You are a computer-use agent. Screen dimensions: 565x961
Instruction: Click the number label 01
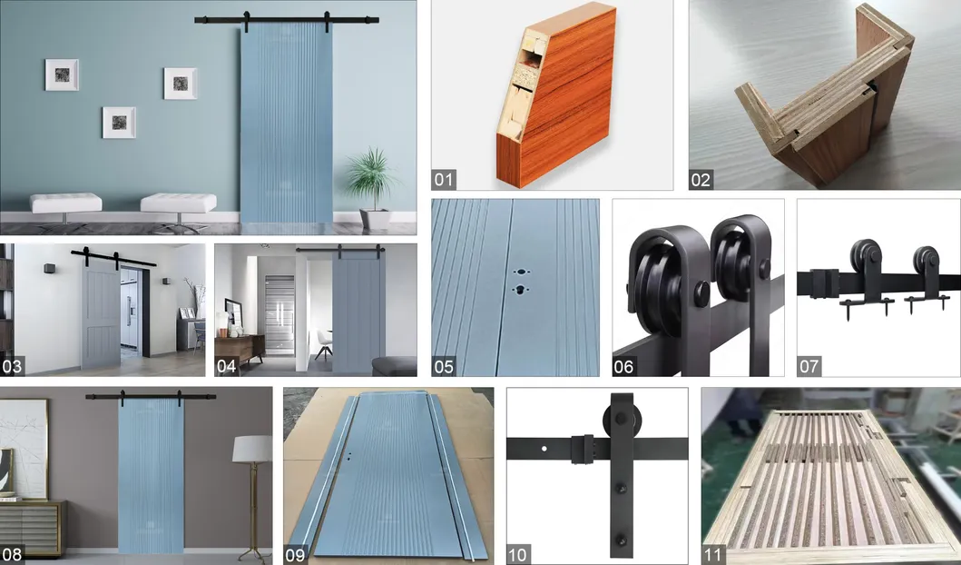click(x=444, y=179)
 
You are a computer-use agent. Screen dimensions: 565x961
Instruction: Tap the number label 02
click(x=701, y=179)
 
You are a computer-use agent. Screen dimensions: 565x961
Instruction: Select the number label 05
click(x=444, y=367)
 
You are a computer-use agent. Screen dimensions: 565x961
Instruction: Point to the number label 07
click(x=809, y=367)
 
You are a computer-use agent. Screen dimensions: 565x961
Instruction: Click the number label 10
click(x=518, y=555)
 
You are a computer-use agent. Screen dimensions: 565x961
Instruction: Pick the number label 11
click(x=713, y=555)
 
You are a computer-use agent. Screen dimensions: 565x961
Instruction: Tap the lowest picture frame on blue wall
click(x=119, y=122)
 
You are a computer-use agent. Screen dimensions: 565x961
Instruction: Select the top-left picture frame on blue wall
click(x=62, y=74)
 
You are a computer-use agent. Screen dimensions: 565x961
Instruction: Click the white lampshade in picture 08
click(x=252, y=449)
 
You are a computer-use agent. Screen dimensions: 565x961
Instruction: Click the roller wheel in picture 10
click(x=613, y=422)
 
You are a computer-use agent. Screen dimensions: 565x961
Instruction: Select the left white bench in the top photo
click(x=66, y=202)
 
